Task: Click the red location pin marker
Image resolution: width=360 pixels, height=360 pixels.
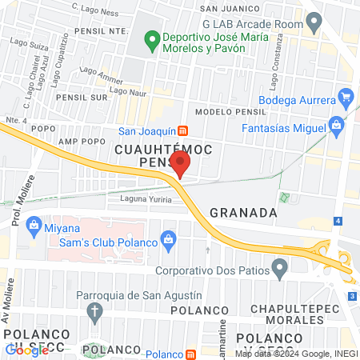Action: coord(181,164)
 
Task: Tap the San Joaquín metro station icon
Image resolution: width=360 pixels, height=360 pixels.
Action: coord(182,130)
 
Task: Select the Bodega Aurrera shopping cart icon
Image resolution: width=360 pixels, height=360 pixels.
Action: coord(346,99)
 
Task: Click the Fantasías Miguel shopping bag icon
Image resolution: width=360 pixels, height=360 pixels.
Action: coord(337,126)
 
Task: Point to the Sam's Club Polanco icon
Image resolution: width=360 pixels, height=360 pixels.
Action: coord(168,238)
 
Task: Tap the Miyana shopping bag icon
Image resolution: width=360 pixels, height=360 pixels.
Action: coord(33,224)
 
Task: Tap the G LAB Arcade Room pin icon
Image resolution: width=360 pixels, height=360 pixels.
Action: coord(316,23)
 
